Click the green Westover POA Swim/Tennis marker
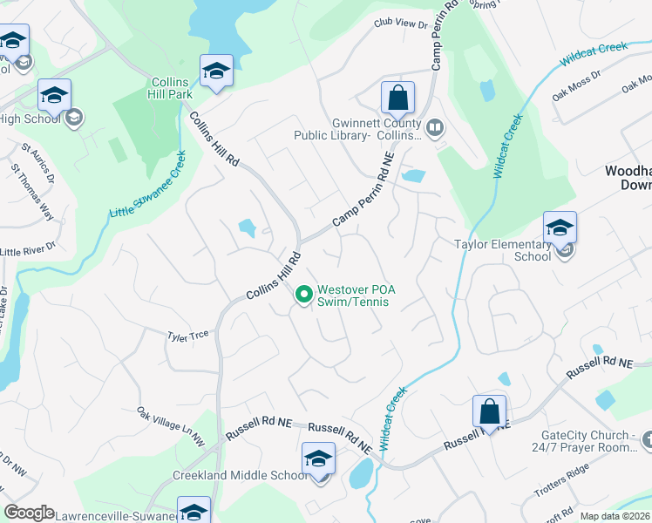(x=303, y=295)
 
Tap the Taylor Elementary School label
(x=503, y=250)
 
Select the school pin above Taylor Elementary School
(x=560, y=229)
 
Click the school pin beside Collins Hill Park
(x=216, y=72)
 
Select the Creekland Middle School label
(x=228, y=474)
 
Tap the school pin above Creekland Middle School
(x=319, y=459)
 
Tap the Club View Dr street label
(x=400, y=24)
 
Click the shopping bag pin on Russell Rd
(x=490, y=413)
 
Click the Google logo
(x=29, y=513)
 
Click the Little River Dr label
(x=29, y=250)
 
